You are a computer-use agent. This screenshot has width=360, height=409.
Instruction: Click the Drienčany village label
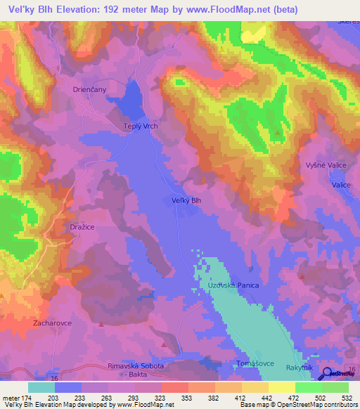click(91, 90)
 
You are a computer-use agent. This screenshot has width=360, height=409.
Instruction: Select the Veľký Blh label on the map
click(187, 200)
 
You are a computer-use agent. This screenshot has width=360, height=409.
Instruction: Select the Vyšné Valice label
click(324, 164)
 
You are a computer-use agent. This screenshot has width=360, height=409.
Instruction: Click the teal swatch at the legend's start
click(41, 387)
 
